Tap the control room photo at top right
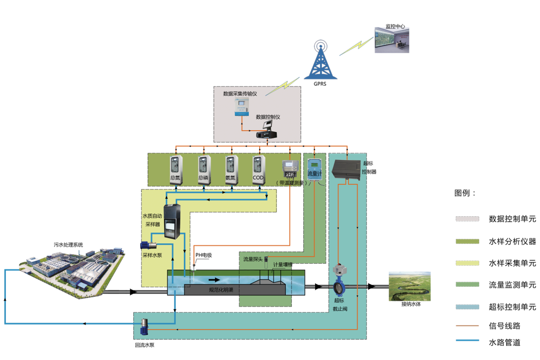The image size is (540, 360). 392,40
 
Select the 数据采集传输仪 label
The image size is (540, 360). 240,94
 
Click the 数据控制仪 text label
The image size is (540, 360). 268,117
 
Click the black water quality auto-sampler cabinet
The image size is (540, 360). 171,222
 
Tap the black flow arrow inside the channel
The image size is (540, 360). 215,280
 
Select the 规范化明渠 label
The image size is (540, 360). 221,290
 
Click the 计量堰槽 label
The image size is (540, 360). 282,265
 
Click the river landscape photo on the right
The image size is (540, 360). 410,286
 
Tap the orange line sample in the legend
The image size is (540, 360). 467,325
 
